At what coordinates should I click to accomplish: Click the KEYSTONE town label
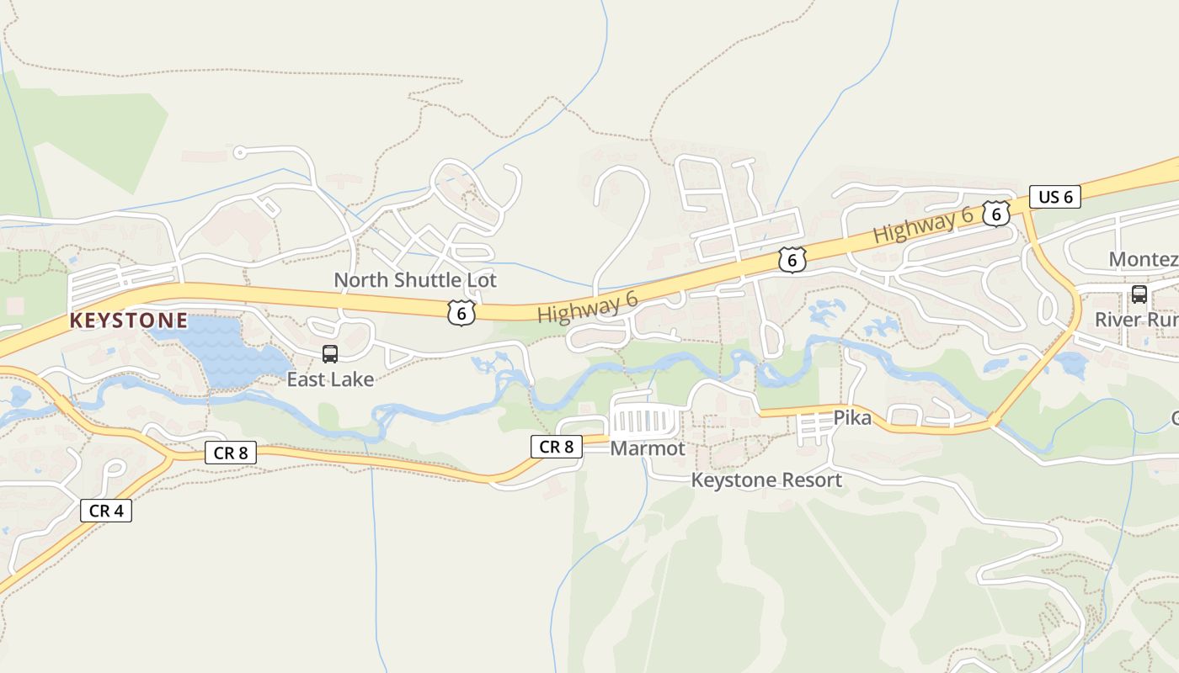(129, 321)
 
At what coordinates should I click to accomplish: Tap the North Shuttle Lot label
(415, 280)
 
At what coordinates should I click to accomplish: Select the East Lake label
(330, 379)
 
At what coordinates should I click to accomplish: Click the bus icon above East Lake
(330, 354)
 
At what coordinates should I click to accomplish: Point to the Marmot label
(648, 449)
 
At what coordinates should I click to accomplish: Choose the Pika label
(852, 417)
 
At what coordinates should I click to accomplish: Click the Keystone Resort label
(766, 480)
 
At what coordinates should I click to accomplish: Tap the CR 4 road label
(106, 510)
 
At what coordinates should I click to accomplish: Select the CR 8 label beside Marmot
(556, 447)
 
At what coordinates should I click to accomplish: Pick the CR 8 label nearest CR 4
(231, 453)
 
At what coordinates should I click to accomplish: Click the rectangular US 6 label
(1055, 198)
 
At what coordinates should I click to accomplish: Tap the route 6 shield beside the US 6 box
(996, 214)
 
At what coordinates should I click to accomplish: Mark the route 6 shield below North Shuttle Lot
(461, 313)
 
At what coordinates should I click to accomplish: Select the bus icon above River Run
(1139, 294)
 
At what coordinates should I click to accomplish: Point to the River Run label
(1136, 320)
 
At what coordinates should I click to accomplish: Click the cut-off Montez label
(1144, 259)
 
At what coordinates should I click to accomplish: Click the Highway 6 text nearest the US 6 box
(924, 225)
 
